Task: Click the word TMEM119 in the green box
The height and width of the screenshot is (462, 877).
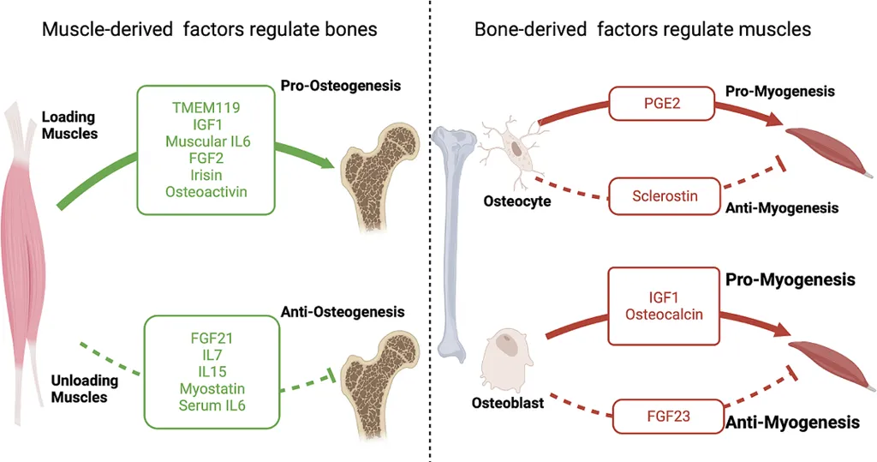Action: (x=205, y=109)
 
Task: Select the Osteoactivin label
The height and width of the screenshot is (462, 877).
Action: (x=206, y=191)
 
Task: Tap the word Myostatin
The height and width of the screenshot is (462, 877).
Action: (x=212, y=388)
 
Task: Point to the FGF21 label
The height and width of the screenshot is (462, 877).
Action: (x=212, y=338)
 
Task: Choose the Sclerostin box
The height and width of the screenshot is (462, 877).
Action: (x=665, y=196)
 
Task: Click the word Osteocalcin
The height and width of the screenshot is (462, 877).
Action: (x=665, y=314)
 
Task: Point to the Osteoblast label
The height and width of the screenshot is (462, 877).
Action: (x=506, y=401)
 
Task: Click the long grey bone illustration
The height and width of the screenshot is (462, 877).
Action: (x=450, y=240)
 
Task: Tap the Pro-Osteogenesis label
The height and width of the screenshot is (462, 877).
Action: (x=340, y=86)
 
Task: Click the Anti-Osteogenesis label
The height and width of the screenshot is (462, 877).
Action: (x=342, y=312)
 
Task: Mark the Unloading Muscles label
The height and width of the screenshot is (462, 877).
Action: (x=80, y=389)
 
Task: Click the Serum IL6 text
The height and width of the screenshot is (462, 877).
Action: (x=212, y=405)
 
